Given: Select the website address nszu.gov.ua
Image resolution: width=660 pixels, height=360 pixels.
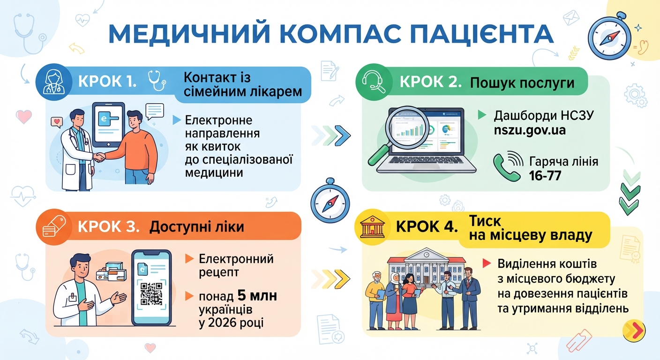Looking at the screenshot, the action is point(530,130).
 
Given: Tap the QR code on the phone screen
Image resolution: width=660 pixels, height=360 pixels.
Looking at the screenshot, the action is point(151,294).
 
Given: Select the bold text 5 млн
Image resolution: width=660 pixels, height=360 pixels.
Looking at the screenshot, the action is point(257,296).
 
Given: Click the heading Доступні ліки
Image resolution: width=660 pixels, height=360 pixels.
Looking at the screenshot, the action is point(197,227).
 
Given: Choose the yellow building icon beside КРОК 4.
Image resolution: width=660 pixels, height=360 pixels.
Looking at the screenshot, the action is point(372,227).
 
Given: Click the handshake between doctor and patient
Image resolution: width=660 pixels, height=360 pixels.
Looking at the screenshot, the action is point(99,157).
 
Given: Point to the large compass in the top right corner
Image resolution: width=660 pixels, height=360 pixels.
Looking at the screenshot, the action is point(610,37).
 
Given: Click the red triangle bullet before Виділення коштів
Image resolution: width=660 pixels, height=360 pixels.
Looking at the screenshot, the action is point(487,263).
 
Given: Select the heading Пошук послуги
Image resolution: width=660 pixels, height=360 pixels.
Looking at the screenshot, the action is point(522,83).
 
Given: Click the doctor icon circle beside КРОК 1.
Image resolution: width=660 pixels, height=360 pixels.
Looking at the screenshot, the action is point(54,82).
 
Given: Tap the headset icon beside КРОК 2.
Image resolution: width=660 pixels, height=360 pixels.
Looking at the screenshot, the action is point(374,82).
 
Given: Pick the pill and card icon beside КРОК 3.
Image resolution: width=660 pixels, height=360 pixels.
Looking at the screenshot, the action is point(54,227).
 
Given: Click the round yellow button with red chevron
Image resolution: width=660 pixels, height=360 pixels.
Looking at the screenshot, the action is point(634,330).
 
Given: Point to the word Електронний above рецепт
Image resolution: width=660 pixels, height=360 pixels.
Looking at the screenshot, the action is point(236,259).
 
